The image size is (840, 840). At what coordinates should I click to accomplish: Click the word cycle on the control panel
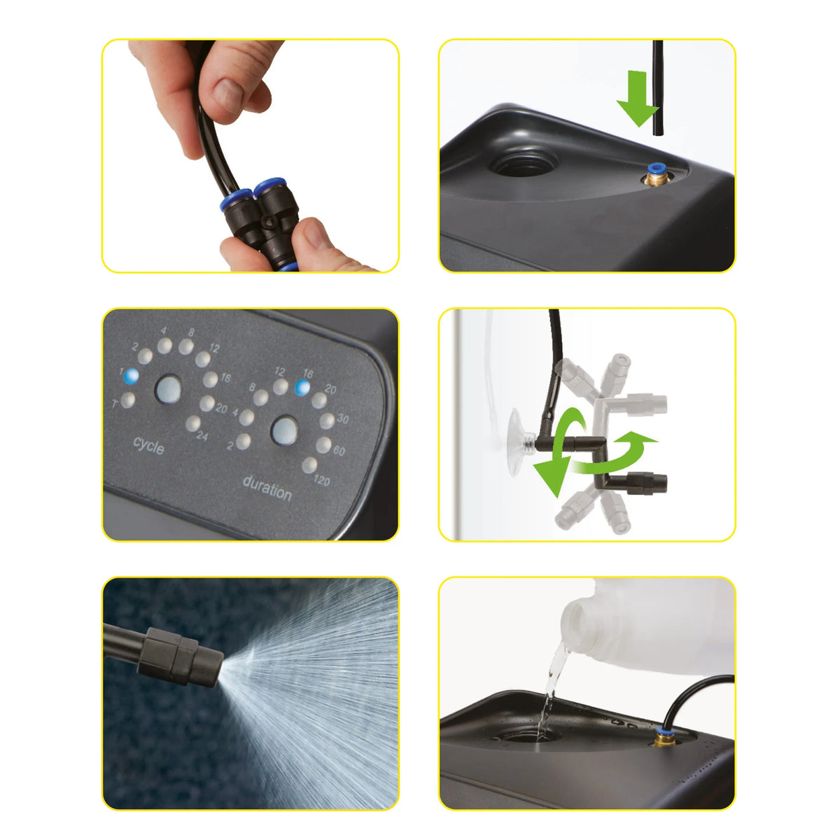[148, 445]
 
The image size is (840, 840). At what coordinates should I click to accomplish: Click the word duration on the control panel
[267, 488]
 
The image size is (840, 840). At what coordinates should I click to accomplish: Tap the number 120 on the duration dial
[322, 480]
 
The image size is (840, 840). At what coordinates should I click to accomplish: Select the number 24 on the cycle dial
[202, 435]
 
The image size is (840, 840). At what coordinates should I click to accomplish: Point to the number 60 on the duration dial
[339, 450]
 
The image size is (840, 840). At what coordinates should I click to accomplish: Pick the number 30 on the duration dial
[342, 419]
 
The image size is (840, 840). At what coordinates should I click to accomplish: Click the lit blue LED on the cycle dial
[131, 376]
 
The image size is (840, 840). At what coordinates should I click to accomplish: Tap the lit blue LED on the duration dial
[302, 387]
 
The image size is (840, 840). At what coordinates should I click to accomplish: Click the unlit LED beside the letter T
[127, 400]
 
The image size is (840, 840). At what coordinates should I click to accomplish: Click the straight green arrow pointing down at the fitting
[637, 98]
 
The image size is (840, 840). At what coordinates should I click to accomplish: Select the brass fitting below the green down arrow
[654, 175]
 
